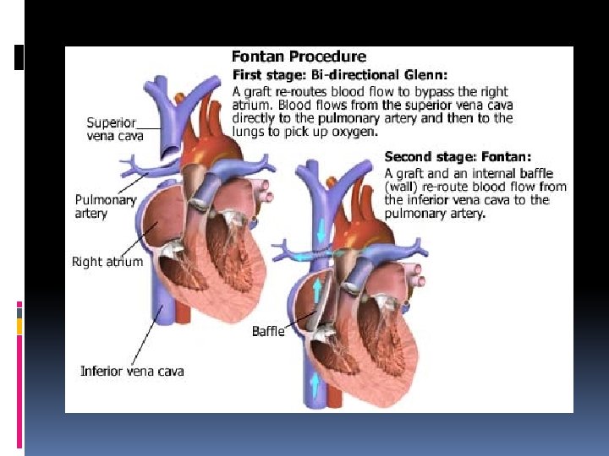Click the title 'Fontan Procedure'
pyautogui.click(x=299, y=57)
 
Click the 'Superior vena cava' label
pyautogui.click(x=115, y=128)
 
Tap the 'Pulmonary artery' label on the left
pyautogui.click(x=106, y=207)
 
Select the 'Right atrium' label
pyautogui.click(x=107, y=262)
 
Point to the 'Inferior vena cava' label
pyautogui.click(x=132, y=371)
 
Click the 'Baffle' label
pyautogui.click(x=268, y=331)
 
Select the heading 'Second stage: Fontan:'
pyautogui.click(x=458, y=157)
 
